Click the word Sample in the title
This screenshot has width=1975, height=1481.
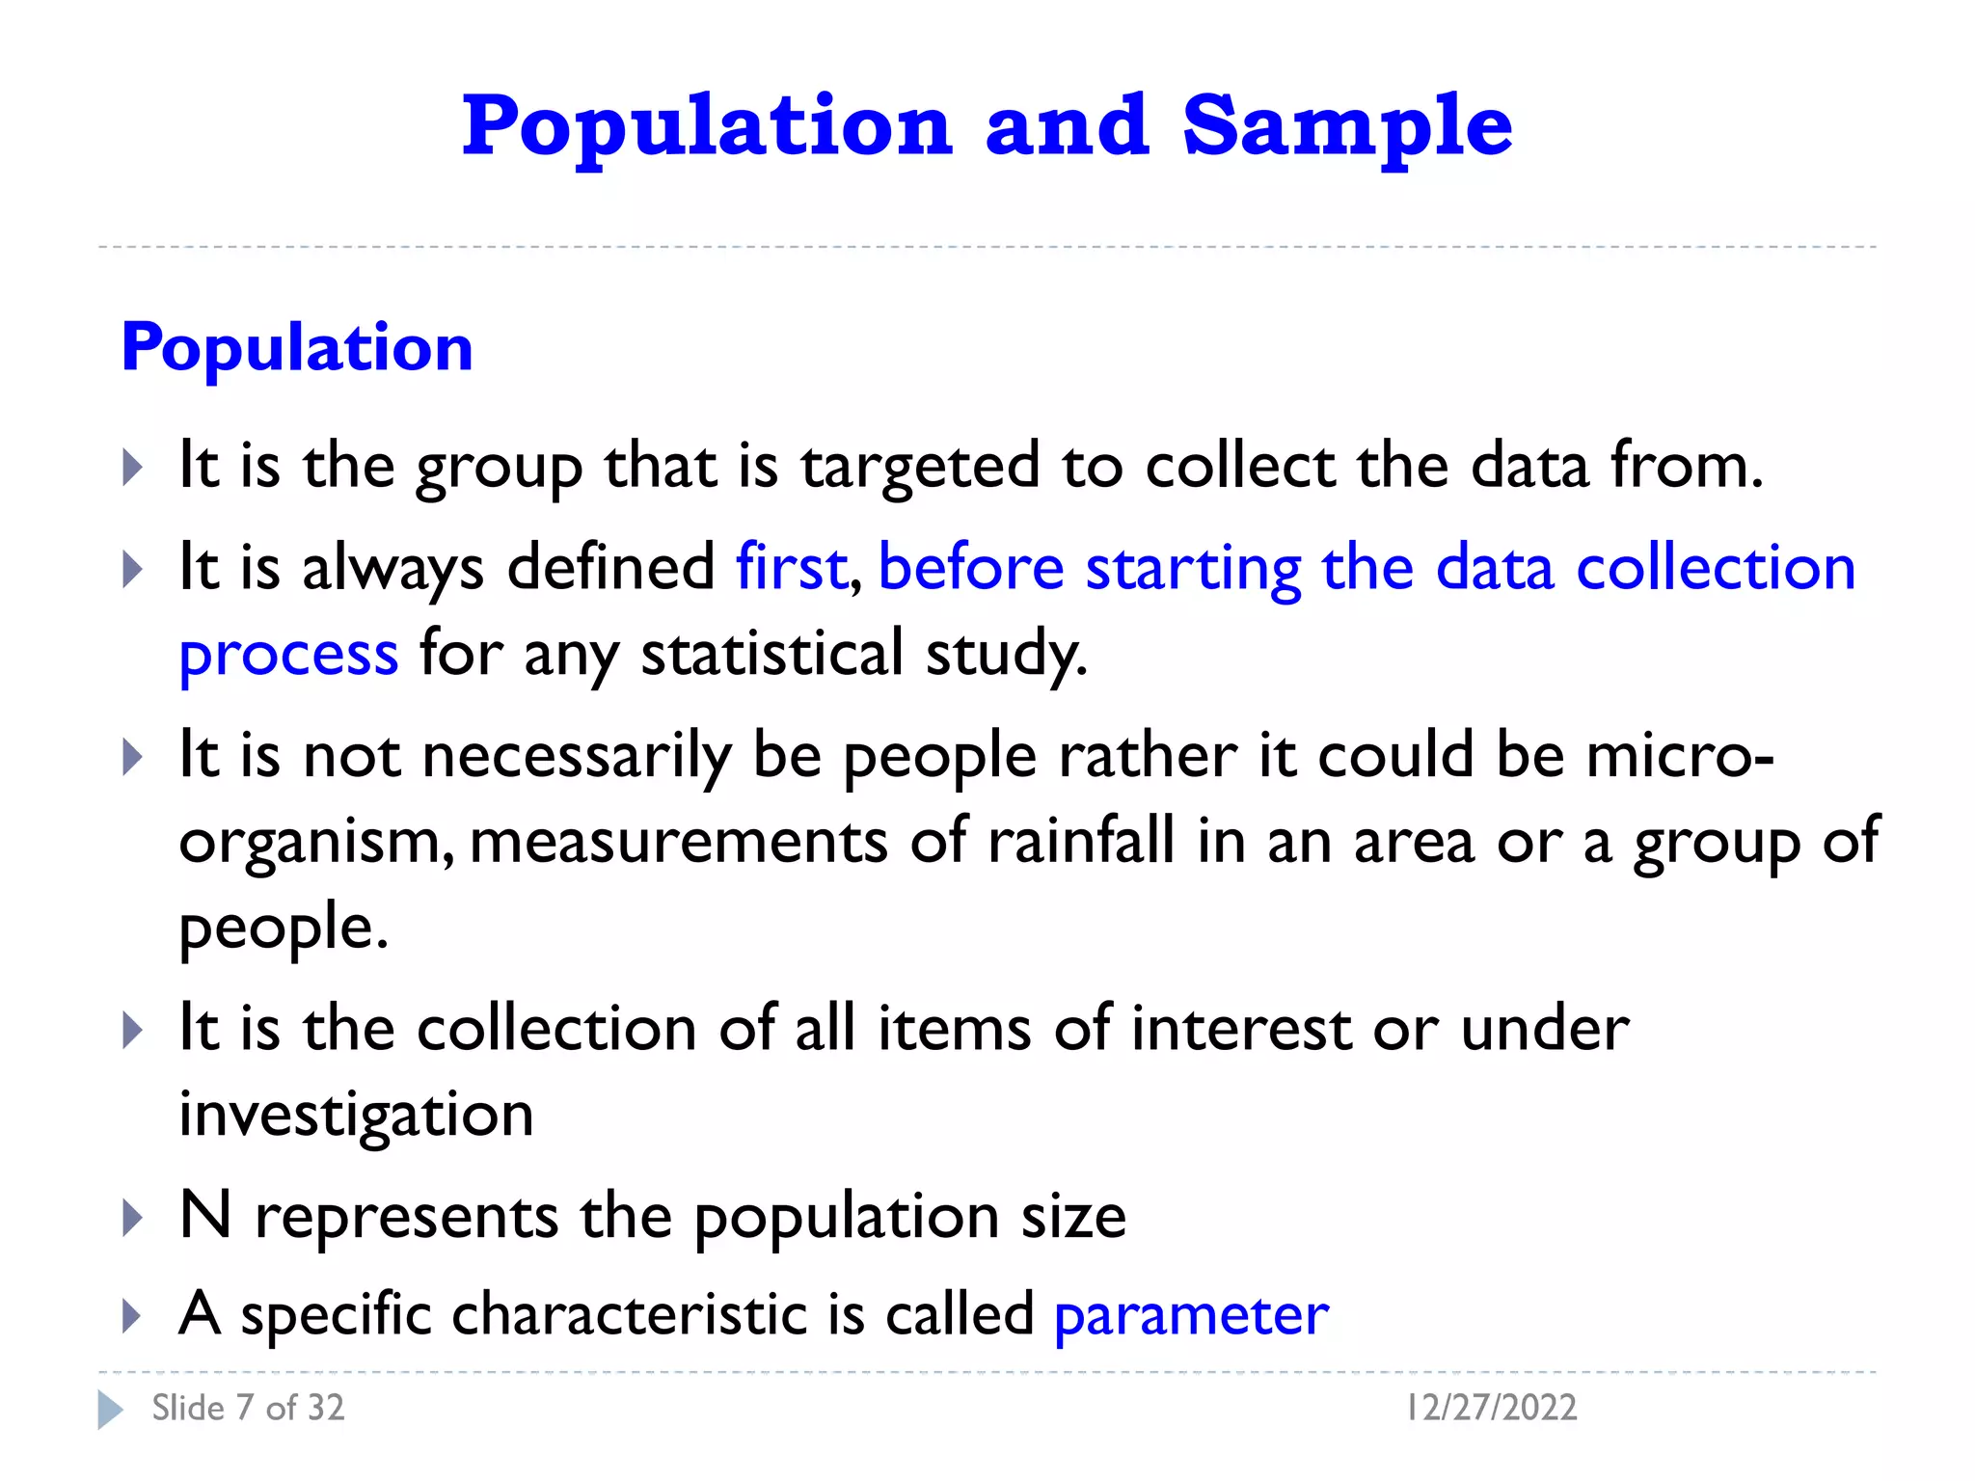1346,127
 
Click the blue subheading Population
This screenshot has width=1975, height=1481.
297,347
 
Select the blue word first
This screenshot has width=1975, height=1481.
791,567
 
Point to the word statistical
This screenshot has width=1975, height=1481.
771,653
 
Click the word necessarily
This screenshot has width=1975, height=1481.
576,755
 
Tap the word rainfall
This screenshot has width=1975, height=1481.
1080,841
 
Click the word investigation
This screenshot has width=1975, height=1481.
356,1116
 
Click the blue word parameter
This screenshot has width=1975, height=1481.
1191,1316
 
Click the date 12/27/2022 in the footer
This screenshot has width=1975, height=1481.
1491,1408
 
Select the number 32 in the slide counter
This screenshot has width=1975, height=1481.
325,1409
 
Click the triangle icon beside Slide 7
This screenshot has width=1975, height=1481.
110,1410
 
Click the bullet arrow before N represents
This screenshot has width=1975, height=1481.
132,1219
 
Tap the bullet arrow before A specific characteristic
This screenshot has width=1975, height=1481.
132,1316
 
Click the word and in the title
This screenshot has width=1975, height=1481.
1067,127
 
